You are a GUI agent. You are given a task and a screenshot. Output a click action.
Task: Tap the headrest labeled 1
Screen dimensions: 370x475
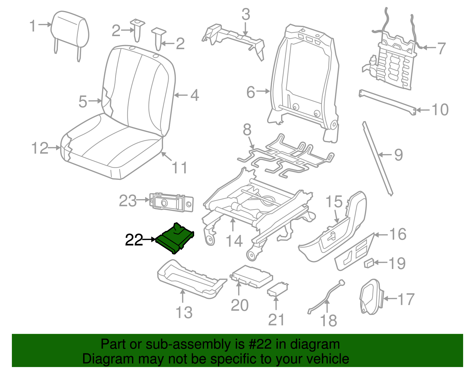coord(70,30)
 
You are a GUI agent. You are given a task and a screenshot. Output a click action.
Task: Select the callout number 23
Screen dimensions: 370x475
coord(128,201)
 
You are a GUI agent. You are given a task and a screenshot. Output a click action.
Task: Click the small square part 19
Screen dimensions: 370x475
coord(369,263)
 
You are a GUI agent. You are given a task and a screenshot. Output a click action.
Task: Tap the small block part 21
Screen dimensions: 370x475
coord(278,289)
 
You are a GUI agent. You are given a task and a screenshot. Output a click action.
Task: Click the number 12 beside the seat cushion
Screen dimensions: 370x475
coord(40,148)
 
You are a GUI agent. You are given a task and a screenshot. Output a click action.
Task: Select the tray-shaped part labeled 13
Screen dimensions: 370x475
coord(190,278)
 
